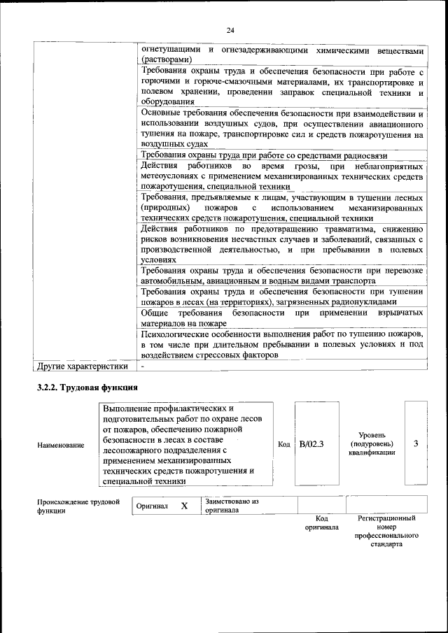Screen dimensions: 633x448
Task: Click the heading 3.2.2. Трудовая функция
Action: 87,387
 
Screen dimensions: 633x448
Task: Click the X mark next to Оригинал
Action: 184,505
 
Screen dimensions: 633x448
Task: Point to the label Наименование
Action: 61,445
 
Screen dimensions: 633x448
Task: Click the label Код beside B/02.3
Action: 283,444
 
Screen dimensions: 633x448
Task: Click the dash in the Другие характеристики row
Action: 142,365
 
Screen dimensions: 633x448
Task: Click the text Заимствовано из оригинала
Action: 232,506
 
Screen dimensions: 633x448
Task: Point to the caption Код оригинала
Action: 321,523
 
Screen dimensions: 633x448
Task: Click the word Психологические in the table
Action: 174,334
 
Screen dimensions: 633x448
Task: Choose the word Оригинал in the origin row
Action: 152,506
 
